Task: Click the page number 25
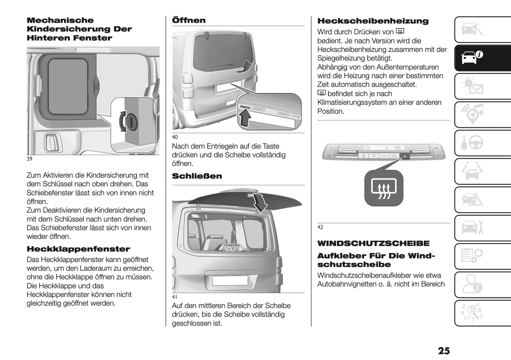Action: [x=443, y=350]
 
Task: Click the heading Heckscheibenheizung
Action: [x=373, y=21]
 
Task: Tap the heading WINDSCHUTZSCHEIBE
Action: [x=373, y=243]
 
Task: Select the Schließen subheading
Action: [x=197, y=176]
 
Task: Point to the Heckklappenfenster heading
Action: [x=78, y=249]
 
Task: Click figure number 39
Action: [x=29, y=159]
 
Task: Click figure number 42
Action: [x=320, y=227]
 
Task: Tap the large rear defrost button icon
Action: [x=384, y=188]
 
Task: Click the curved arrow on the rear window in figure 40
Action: [x=246, y=66]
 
